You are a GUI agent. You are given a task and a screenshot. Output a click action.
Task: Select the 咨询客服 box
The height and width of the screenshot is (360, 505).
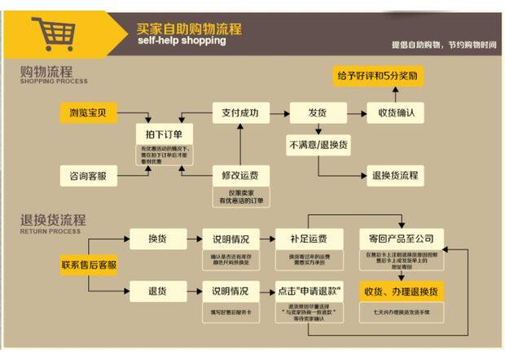click(89, 175)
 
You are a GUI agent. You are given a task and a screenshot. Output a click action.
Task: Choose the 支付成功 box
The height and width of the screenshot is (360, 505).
click(240, 112)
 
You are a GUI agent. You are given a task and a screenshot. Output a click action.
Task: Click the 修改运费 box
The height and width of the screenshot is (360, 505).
click(240, 175)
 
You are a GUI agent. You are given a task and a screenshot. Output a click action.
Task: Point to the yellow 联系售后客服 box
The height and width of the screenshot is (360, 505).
click(89, 265)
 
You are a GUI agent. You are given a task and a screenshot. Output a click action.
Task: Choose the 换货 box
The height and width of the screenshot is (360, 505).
click(157, 239)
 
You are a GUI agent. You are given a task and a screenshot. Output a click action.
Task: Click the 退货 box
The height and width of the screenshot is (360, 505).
click(157, 292)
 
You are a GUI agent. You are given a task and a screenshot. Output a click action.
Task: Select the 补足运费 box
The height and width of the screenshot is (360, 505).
click(308, 239)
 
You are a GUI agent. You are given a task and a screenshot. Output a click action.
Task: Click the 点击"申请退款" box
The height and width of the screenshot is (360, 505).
click(308, 292)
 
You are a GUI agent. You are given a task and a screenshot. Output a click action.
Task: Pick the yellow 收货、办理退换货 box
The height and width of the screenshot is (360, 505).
click(401, 292)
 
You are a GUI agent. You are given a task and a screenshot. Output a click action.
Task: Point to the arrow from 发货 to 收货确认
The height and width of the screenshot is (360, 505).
click(353, 112)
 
